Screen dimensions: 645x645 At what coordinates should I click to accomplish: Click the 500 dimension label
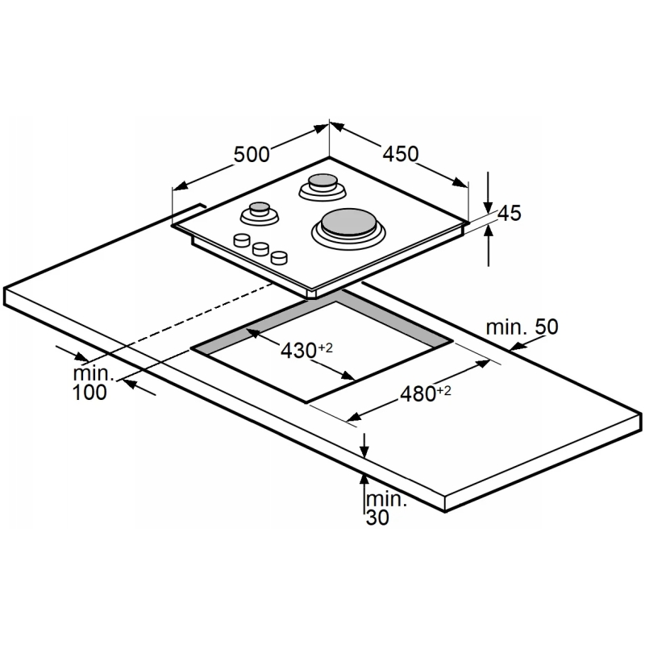point(252,155)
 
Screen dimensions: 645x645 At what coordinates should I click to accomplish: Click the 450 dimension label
point(401,153)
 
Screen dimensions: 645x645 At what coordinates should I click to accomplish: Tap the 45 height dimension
point(510,213)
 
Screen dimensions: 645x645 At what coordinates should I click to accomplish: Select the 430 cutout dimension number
point(298,351)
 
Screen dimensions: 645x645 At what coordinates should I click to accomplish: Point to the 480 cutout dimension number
point(418,393)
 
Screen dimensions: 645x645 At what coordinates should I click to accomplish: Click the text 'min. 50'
point(522,327)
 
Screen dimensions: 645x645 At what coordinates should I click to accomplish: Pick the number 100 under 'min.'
point(89,392)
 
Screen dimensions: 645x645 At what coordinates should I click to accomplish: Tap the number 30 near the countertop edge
point(377,518)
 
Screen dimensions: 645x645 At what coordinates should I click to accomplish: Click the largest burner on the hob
point(348,228)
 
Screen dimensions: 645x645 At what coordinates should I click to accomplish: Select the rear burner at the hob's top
point(322,187)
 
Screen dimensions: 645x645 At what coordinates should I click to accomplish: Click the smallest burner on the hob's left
point(260,214)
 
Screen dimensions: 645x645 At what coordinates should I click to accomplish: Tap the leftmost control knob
point(241,239)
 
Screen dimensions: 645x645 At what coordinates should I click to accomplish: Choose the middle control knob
point(260,249)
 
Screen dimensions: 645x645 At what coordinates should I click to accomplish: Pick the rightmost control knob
point(279,257)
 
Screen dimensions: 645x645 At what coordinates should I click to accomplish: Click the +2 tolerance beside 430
point(325,348)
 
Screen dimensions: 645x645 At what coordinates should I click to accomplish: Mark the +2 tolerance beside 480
point(444,390)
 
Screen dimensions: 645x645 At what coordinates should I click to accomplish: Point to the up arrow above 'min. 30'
point(364,493)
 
